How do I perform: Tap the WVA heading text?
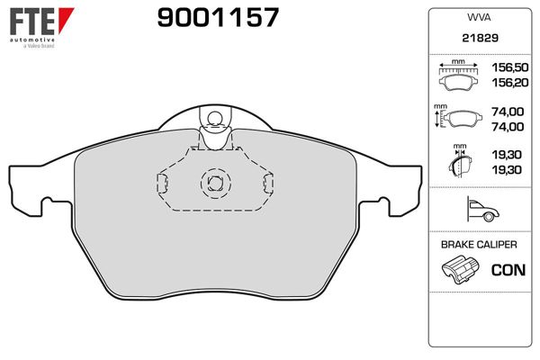point(478,17)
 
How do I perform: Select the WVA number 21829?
point(478,40)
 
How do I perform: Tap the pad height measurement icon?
point(459,118)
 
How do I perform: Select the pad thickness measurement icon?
point(460,162)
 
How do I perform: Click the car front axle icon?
point(478,210)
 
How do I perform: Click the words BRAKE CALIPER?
point(478,245)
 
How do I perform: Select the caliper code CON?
point(508,269)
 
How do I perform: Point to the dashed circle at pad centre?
point(214,183)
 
